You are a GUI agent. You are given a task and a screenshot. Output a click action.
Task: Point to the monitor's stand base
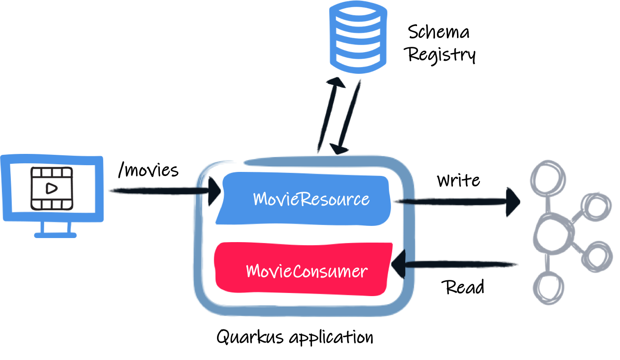[55, 234]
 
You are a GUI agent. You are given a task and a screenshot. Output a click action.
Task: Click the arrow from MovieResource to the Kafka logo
[455, 202]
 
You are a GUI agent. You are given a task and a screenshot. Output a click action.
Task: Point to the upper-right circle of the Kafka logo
[596, 208]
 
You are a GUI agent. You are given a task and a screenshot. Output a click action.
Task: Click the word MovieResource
[311, 199]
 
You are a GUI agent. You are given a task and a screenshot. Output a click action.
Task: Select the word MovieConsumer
[307, 271]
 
